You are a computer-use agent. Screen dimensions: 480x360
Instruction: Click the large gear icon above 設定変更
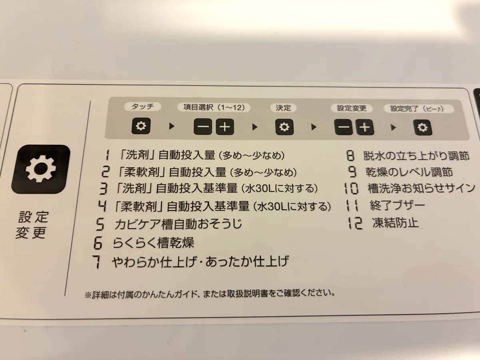(41, 169)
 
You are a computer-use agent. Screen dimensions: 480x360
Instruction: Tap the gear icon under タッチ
(141, 126)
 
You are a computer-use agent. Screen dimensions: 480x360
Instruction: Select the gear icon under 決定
(284, 127)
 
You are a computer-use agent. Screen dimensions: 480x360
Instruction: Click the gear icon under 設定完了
(422, 128)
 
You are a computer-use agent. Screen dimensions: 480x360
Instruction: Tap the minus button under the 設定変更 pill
(344, 127)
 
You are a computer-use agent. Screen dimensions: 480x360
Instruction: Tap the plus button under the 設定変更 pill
(365, 127)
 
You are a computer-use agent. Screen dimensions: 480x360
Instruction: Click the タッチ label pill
(142, 107)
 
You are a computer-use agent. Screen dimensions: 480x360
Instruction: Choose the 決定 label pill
(283, 108)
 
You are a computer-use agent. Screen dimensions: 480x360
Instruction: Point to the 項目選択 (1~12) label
(214, 107)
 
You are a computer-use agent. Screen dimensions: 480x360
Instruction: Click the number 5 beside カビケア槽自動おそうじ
(100, 224)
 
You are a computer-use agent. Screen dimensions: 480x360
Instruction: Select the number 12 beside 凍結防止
(355, 223)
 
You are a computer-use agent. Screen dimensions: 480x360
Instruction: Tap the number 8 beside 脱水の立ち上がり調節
(350, 156)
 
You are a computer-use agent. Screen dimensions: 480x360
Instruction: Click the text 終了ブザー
(397, 206)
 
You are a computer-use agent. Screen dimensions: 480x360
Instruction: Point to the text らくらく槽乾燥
(153, 243)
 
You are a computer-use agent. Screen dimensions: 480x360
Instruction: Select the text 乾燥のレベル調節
(409, 172)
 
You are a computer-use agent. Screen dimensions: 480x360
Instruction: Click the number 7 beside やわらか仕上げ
(97, 262)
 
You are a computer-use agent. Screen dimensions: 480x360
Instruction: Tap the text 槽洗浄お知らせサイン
(421, 188)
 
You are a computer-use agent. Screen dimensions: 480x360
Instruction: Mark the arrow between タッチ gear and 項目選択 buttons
(172, 126)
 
